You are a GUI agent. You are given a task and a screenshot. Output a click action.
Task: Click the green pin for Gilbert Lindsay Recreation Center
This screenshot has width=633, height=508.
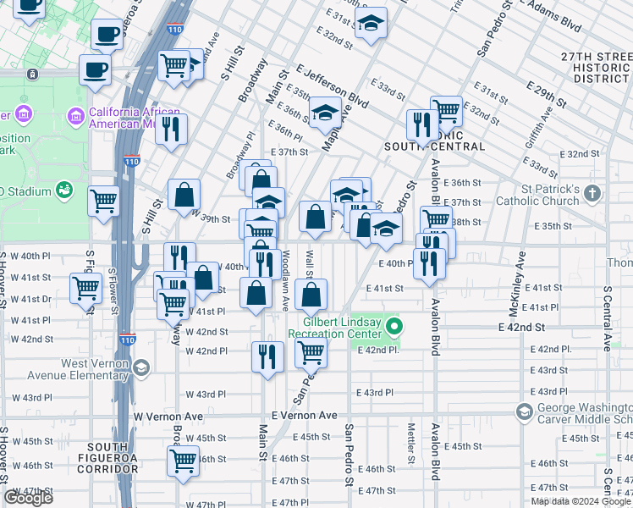click(394, 325)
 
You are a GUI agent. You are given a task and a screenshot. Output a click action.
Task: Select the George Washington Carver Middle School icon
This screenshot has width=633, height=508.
click(524, 412)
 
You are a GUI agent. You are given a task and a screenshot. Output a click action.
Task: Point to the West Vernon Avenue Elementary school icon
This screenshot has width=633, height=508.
click(140, 367)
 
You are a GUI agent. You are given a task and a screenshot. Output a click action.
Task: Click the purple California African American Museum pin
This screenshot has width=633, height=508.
click(77, 114)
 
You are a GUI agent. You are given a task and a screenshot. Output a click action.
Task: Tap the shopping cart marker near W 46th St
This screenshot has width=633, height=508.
click(183, 461)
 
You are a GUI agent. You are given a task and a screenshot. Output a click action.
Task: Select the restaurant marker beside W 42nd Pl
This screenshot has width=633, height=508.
click(267, 356)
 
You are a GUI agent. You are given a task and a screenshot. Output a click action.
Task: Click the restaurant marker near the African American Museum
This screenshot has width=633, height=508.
click(172, 130)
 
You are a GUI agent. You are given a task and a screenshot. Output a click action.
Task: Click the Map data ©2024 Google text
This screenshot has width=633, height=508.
click(580, 501)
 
